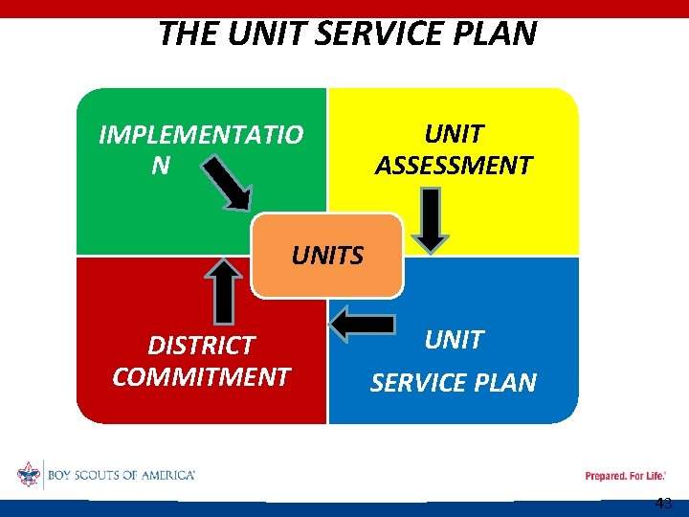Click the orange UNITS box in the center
327,256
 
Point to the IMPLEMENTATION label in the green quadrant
201,135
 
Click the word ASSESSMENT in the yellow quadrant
454,166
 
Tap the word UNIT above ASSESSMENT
454,135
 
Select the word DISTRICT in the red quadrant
201,345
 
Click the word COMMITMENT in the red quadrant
201,376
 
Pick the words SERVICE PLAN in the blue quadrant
454,383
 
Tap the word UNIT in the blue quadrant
454,340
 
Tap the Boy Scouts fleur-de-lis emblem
29,474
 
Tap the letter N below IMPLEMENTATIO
161,166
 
